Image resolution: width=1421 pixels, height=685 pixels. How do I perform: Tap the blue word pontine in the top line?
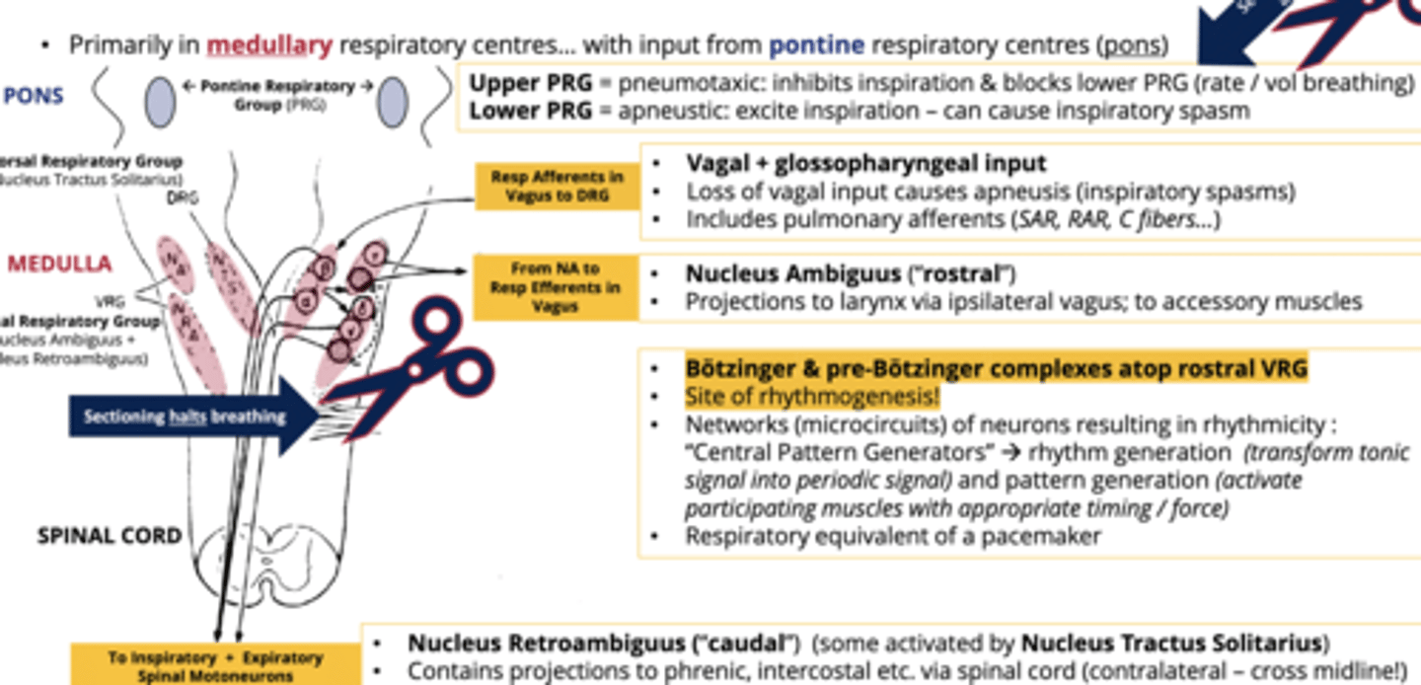pos(816,44)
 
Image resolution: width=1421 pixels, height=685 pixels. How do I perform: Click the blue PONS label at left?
pos(34,96)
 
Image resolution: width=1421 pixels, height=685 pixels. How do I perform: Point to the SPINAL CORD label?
pos(110,536)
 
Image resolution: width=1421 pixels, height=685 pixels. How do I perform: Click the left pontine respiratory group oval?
pos(161,102)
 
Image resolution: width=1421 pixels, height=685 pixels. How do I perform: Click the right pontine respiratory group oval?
pos(392,102)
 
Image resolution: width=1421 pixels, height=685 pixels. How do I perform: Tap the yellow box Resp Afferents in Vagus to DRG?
pos(558,186)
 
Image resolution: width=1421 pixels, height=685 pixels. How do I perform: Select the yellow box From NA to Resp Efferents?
pos(556,287)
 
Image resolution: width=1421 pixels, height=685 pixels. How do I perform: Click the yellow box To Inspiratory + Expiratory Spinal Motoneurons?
pos(215,665)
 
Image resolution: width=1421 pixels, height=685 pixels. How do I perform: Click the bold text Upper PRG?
pos(531,84)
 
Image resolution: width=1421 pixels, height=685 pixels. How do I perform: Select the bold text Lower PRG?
pos(531,111)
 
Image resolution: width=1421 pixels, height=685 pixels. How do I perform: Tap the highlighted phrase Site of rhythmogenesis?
pos(812,397)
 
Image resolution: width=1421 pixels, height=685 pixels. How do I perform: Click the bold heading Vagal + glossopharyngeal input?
pos(866,163)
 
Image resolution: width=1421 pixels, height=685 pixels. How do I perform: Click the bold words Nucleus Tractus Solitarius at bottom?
pos(1171,644)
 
